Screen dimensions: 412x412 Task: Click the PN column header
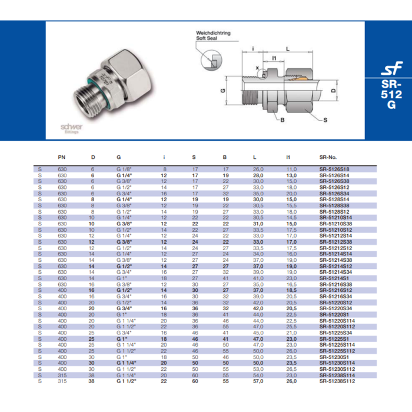(x=62, y=158)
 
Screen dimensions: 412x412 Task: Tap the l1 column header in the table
(x=288, y=158)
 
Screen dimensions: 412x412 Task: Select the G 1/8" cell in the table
(x=124, y=170)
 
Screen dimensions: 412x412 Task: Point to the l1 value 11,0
(x=291, y=170)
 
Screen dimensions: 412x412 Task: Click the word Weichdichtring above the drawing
(x=213, y=33)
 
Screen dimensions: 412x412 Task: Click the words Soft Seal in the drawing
(x=207, y=38)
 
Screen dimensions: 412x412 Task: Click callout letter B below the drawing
(x=282, y=120)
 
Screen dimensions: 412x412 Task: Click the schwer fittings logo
(x=72, y=128)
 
